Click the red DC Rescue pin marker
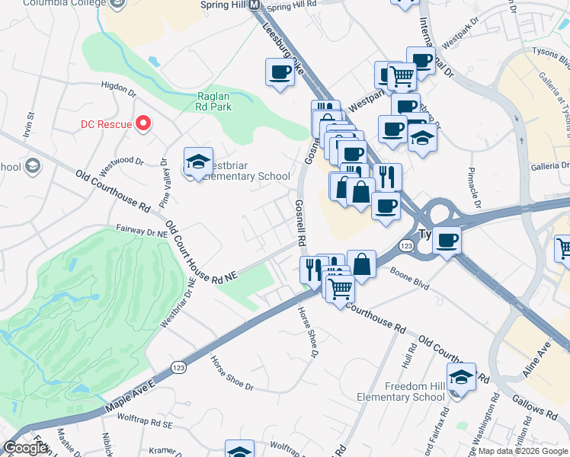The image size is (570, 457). (x=142, y=123)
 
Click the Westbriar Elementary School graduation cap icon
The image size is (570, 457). (x=198, y=161)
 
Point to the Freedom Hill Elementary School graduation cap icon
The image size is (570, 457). (x=461, y=377)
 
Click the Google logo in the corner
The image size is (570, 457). (x=26, y=448)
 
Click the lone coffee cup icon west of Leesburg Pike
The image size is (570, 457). (x=280, y=73)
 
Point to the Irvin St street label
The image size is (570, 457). (x=32, y=126)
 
